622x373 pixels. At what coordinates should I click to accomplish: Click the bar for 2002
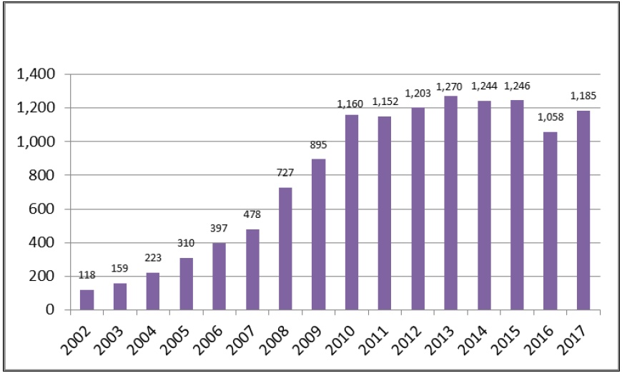87,300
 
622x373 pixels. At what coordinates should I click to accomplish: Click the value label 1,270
451,87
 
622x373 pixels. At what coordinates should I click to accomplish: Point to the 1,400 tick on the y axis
40,74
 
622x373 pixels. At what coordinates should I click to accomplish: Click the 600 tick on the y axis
46,209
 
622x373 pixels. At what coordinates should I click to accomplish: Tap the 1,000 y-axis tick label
40,142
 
